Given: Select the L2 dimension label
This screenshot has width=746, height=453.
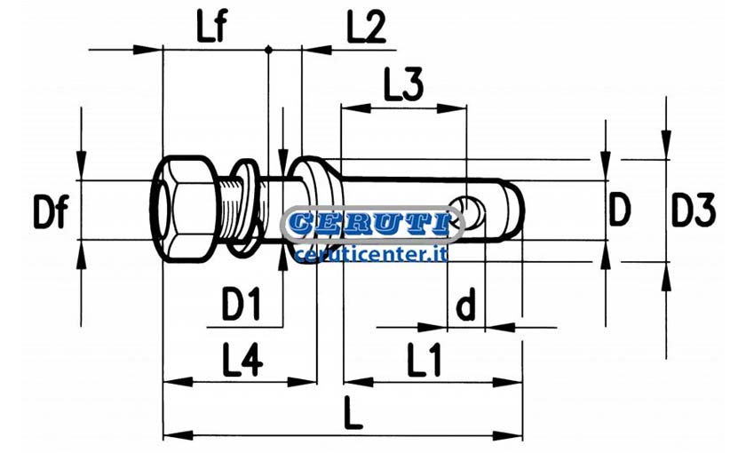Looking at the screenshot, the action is click(x=366, y=28).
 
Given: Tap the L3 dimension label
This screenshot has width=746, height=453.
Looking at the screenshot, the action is click(x=403, y=85).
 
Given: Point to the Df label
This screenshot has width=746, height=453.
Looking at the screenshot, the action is click(x=52, y=211).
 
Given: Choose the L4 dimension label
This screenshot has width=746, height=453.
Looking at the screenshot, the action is click(x=242, y=361).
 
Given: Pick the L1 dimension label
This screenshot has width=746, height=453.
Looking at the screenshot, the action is click(x=425, y=361).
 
